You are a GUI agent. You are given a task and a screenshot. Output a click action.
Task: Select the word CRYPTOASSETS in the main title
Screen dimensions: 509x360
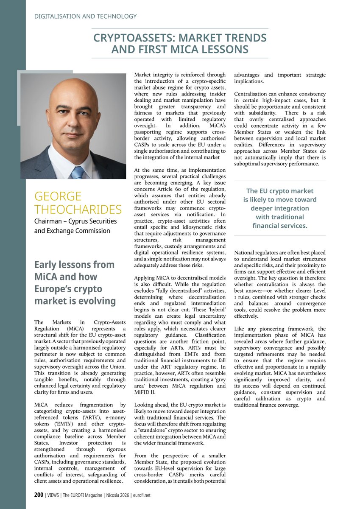[x=129, y=38]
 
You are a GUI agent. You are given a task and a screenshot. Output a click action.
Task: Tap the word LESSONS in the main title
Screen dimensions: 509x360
[x=222, y=50]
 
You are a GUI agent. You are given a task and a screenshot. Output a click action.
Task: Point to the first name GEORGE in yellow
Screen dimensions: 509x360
[x=58, y=197]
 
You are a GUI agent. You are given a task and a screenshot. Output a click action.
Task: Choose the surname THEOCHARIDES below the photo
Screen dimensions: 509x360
[x=78, y=210]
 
